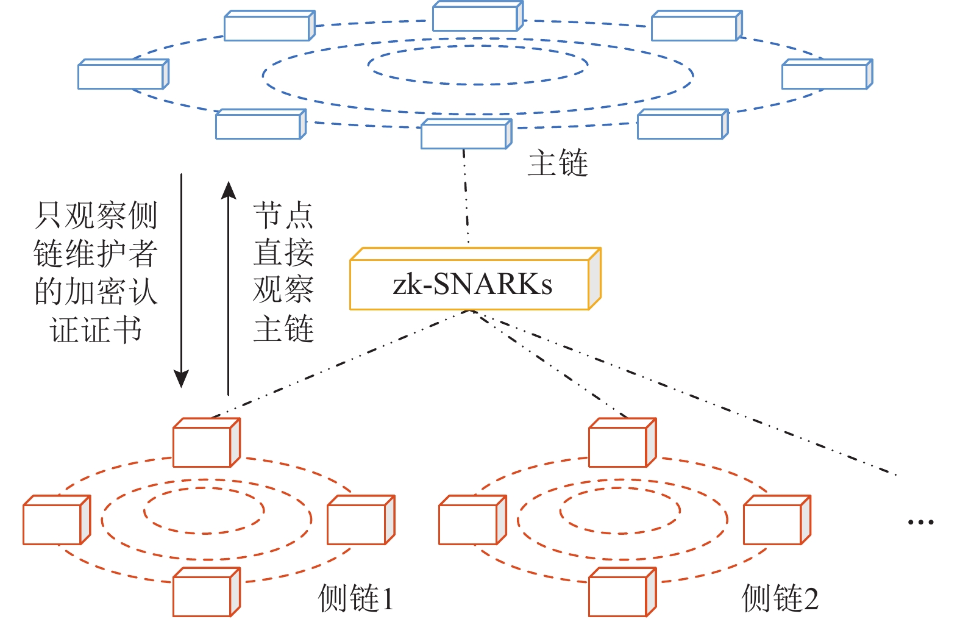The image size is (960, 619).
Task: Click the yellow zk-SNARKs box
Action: pos(475,280)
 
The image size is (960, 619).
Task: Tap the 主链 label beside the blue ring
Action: pos(558,163)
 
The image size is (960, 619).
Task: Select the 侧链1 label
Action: pos(356,598)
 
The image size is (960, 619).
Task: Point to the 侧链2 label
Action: pos(780,598)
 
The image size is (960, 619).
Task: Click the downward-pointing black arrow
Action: pos(181,281)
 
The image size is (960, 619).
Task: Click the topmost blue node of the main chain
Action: pos(477,16)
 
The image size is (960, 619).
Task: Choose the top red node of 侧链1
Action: pos(206,443)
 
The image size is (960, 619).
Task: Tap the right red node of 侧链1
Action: pos(360,520)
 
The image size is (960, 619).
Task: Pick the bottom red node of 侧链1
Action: pos(206,593)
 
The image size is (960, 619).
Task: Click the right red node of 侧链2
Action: pos(776,520)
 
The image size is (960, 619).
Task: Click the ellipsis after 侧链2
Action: pos(920,522)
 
